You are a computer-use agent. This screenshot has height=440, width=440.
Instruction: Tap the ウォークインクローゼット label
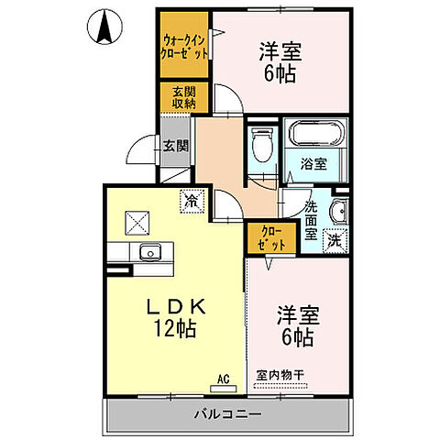coord(185,46)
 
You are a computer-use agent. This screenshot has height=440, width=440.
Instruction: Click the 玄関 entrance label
coord(176,145)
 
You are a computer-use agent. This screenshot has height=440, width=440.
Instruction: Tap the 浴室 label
coord(314,164)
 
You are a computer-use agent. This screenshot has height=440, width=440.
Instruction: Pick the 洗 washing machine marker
coord(335,241)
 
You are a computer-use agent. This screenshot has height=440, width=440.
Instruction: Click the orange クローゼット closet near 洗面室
coord(269,240)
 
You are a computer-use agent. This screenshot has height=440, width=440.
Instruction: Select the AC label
coord(221,376)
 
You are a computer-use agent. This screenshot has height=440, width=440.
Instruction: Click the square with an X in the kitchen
coord(138,221)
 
